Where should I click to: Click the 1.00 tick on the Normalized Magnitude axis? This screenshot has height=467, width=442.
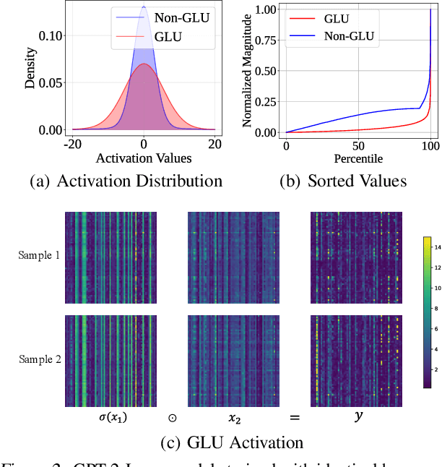(267, 9)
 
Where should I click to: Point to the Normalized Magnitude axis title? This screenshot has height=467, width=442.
(247, 71)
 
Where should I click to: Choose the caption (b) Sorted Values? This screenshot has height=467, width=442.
(343, 181)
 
